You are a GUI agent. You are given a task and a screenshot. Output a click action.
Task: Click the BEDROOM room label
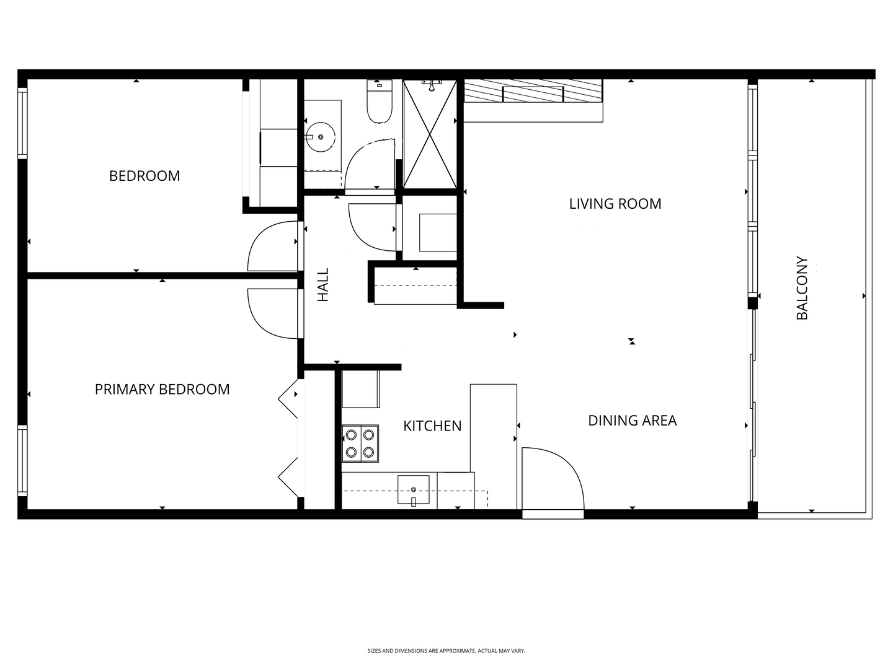pos(144,176)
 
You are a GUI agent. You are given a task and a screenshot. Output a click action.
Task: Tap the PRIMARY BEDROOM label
pos(162,389)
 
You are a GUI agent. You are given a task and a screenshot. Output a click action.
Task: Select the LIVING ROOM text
pos(615,204)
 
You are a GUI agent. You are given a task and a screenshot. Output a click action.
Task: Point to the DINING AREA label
pos(632,421)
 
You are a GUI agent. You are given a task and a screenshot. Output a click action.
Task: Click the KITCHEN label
pos(432,426)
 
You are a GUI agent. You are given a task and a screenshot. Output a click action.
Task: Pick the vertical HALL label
pos(323,285)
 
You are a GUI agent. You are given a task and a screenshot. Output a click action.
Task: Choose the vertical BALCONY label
pos(802,288)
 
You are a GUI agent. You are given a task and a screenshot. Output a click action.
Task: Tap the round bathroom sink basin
pos(321,137)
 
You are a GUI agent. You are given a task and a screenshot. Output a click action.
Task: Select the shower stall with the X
pos(430,134)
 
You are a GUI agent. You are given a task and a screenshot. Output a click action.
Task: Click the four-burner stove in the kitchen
pos(360,444)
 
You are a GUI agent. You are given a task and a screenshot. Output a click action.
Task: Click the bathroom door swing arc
pos(370,165)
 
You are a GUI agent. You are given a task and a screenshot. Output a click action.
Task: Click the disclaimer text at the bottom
pos(446,651)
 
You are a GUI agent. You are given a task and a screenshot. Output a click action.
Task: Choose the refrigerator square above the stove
pos(360,389)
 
